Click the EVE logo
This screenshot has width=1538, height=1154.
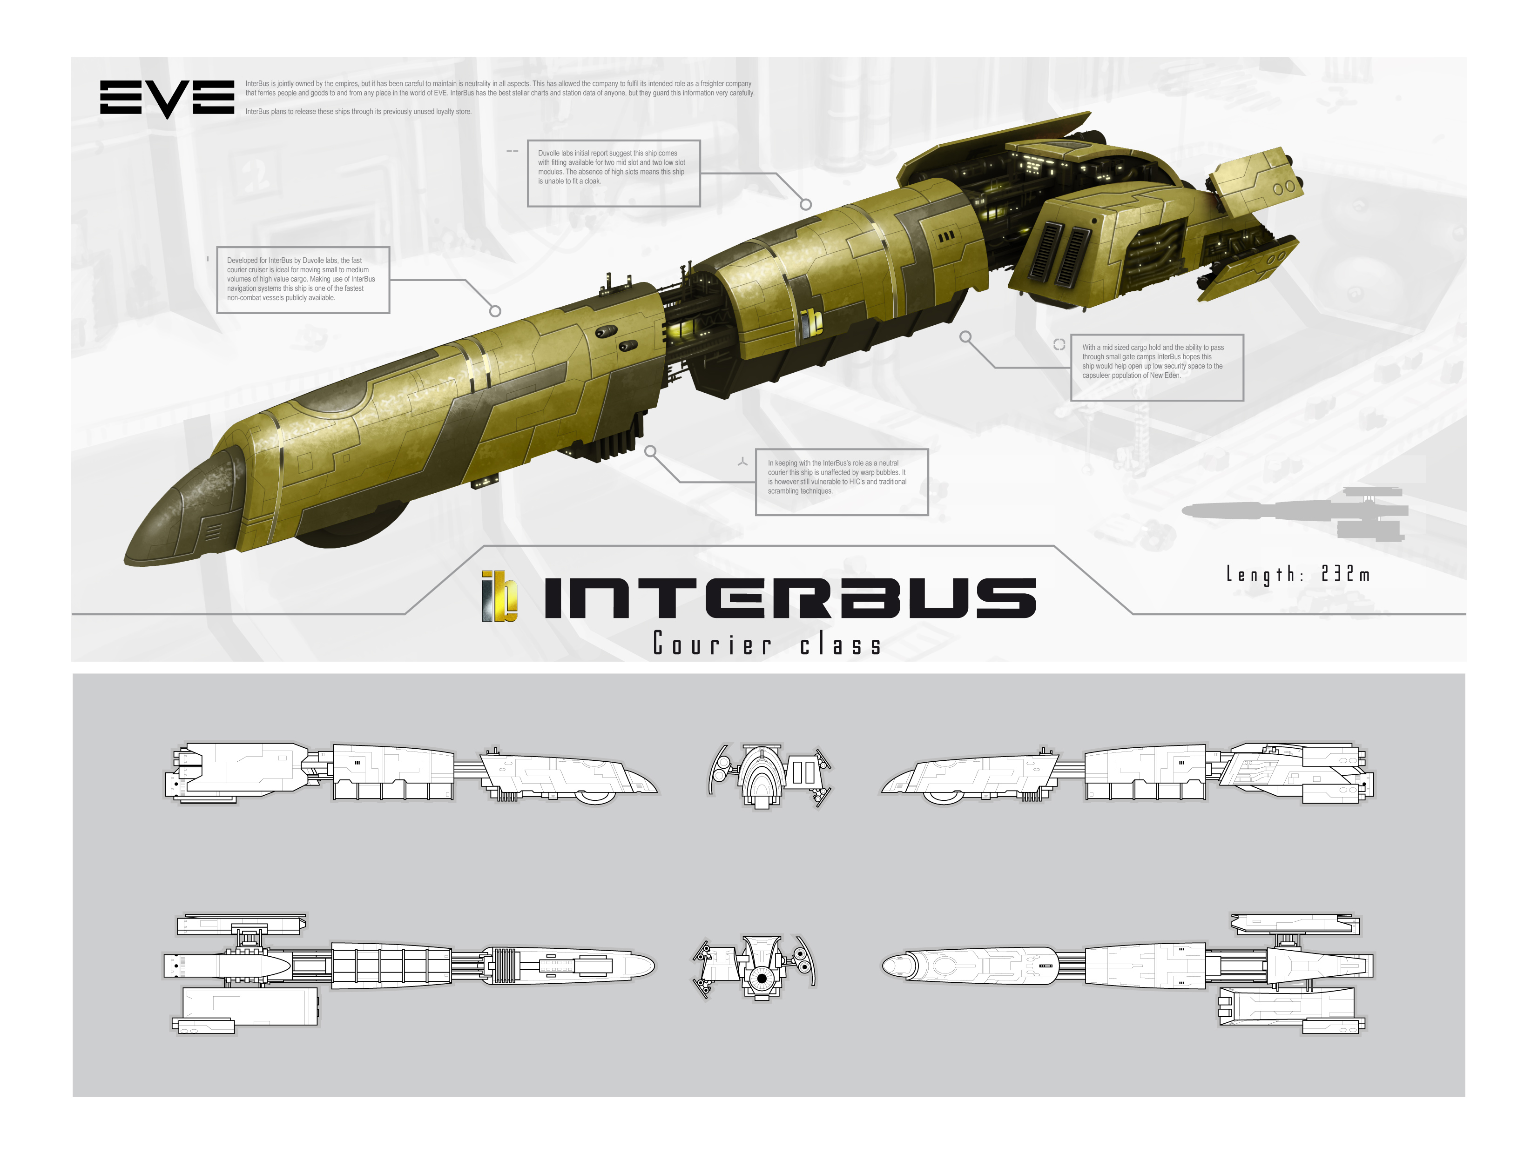[167, 98]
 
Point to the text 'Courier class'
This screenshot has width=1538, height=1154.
[767, 645]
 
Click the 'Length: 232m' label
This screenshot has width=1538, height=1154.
[1297, 574]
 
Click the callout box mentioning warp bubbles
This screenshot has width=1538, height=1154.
[841, 481]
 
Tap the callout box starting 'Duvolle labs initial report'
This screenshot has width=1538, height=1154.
[613, 173]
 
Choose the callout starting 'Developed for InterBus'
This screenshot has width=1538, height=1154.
[303, 280]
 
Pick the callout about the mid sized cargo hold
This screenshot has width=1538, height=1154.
[1156, 367]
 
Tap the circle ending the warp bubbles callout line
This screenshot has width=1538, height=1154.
[650, 451]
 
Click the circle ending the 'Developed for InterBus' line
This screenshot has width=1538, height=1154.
[495, 311]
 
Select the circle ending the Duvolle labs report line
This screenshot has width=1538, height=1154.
[806, 204]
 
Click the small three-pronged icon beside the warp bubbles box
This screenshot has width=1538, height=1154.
[742, 462]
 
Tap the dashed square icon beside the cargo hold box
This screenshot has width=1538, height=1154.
[1059, 344]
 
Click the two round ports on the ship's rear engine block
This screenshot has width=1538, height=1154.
[1283, 187]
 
